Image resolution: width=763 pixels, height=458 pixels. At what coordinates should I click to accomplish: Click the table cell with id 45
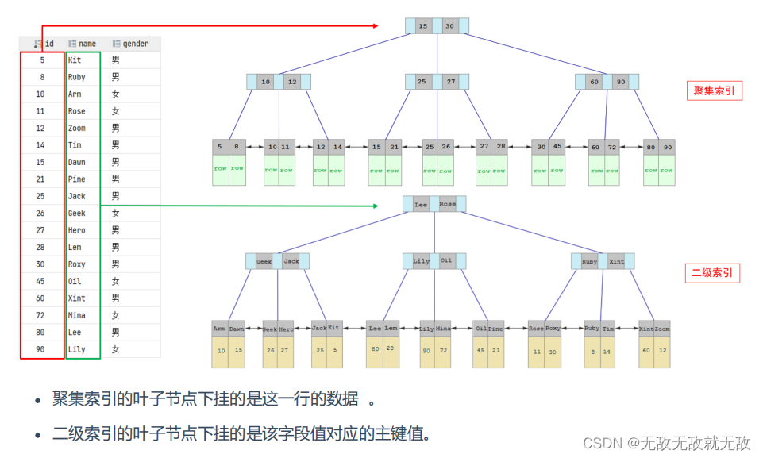(x=40, y=281)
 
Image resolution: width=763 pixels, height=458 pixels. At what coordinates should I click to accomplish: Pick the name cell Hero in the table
(x=77, y=230)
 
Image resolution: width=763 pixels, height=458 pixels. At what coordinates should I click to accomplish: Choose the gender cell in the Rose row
(x=116, y=111)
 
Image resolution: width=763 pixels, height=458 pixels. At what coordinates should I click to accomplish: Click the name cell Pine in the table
(x=77, y=179)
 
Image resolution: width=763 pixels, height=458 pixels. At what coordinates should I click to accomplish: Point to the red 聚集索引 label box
(x=714, y=90)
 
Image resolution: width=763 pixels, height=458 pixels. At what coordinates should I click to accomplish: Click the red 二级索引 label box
(x=713, y=273)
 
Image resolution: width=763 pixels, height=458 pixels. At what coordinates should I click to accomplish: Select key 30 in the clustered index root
(x=449, y=26)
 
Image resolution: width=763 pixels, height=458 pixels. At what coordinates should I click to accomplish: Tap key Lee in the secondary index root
(x=421, y=204)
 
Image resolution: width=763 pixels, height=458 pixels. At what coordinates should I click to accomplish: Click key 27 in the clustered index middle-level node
(x=451, y=81)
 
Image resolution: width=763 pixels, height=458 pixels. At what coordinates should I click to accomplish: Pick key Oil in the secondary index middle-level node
(x=446, y=260)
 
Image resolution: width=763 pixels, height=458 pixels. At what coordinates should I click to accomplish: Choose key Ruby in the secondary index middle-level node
(x=590, y=260)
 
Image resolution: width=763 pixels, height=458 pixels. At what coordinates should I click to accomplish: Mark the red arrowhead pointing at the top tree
(x=375, y=26)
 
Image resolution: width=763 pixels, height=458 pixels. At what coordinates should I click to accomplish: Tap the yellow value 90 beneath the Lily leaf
(x=426, y=350)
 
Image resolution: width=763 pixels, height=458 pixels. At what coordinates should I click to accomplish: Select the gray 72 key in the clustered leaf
(x=613, y=147)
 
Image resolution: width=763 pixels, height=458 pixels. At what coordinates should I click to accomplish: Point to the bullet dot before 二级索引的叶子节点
(x=37, y=435)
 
